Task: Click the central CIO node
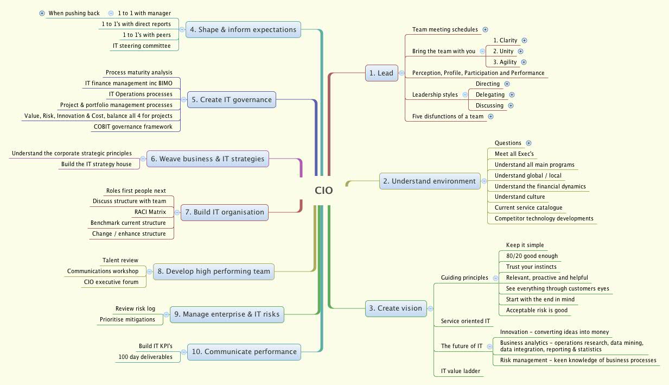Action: coord(324,191)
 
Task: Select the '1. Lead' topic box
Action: coord(381,73)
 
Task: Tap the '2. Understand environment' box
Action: coord(430,181)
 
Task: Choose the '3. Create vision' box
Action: coord(396,308)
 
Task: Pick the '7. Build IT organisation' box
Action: coord(225,212)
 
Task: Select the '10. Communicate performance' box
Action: coord(244,351)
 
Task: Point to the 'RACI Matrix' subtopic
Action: coord(150,212)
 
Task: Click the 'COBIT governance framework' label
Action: coord(133,127)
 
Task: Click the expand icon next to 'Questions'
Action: coord(529,143)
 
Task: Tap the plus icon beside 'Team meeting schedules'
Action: coord(486,30)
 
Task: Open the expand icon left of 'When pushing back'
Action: coord(42,13)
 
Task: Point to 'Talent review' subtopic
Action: coord(120,260)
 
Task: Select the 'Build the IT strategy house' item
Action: coord(96,164)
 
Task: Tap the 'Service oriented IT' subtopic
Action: coord(466,321)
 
